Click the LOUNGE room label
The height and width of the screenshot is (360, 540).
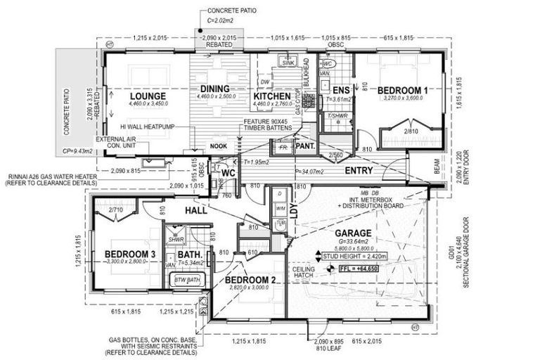(x=147, y=96)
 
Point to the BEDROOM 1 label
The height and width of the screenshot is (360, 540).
(x=402, y=90)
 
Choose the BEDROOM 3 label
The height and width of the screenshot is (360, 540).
(x=130, y=253)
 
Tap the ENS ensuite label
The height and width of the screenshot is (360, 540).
(x=341, y=91)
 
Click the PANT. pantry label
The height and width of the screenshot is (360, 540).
(x=304, y=147)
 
